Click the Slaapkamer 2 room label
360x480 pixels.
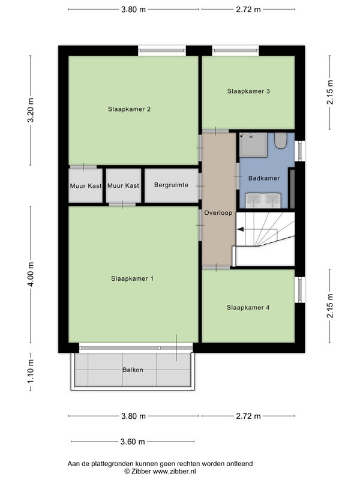click(x=129, y=109)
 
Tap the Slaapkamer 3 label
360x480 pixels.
click(x=248, y=91)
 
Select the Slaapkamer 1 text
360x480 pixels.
click(x=132, y=278)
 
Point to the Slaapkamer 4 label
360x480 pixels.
click(x=248, y=307)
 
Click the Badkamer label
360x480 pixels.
click(x=264, y=178)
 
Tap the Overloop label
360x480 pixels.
click(x=218, y=213)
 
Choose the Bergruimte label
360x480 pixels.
click(x=171, y=185)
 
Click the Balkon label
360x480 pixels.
click(x=133, y=370)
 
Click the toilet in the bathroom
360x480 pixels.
click(x=280, y=140)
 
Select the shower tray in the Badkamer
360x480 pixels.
click(x=254, y=145)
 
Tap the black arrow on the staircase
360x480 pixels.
click(x=241, y=229)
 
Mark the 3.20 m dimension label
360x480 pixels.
click(x=31, y=110)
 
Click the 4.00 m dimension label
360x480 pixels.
click(x=31, y=275)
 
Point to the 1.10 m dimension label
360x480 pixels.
click(x=31, y=371)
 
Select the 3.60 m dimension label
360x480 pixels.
click(x=133, y=442)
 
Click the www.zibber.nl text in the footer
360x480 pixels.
click(x=175, y=472)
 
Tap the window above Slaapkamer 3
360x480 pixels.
click(x=235, y=51)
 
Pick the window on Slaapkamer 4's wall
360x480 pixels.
click(x=300, y=290)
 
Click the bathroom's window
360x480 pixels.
click(x=300, y=151)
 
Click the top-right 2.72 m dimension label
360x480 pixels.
click(x=248, y=10)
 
